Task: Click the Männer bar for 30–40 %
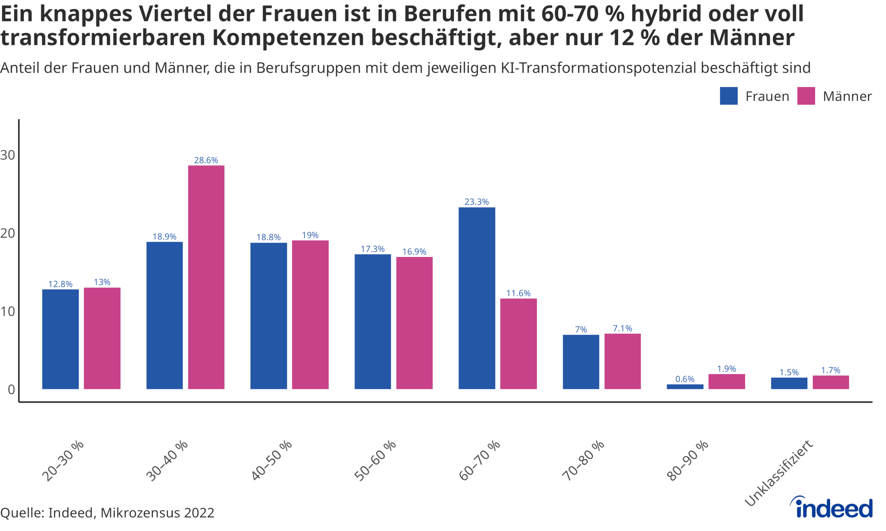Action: pos(206,277)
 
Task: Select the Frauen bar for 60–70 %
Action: pos(477,298)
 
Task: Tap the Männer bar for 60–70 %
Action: pos(518,344)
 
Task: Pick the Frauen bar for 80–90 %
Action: pos(685,387)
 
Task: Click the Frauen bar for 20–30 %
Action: pos(60,339)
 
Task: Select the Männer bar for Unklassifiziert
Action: pos(831,382)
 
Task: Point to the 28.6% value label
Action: pos(206,160)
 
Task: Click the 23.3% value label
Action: pos(476,202)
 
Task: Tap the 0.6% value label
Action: pos(685,379)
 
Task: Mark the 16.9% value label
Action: pos(414,252)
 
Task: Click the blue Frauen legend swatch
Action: pos(729,96)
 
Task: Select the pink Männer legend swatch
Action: pos(806,96)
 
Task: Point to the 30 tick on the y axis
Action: pos(8,155)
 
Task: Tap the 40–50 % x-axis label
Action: pos(271,460)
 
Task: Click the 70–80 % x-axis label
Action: pos(584,460)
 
